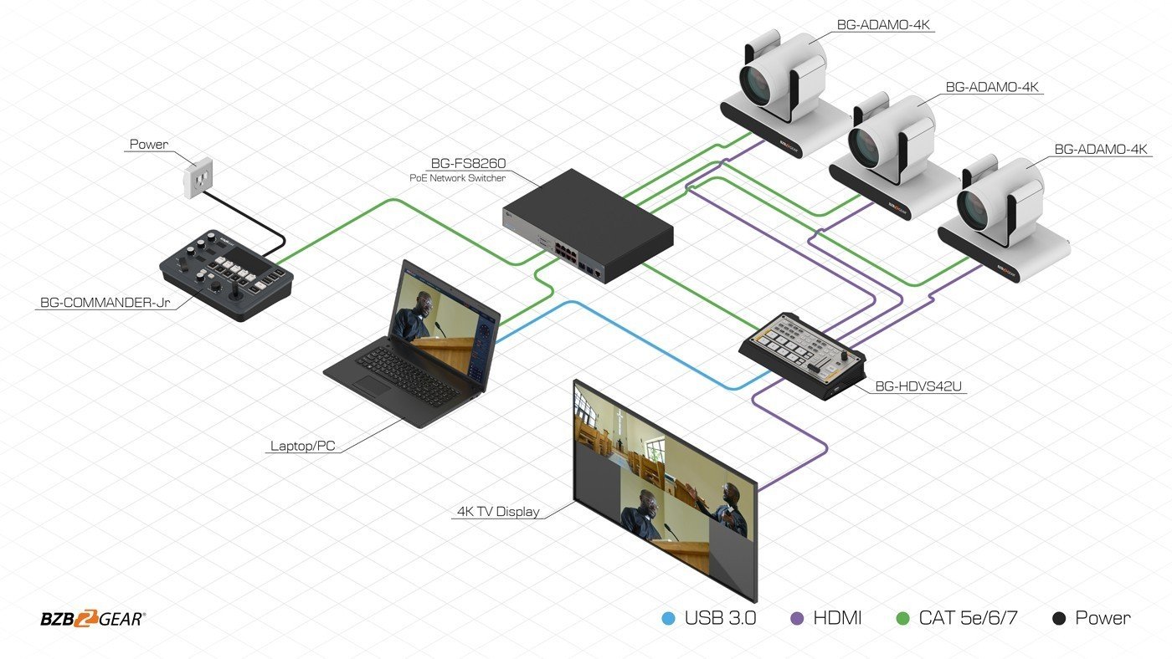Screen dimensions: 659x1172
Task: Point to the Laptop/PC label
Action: pos(302,446)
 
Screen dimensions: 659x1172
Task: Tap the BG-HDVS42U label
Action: pos(916,387)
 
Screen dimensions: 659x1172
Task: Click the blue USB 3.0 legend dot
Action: pos(667,619)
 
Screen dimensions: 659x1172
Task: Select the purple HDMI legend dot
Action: pos(797,619)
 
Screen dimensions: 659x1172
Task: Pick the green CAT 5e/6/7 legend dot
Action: pos(902,619)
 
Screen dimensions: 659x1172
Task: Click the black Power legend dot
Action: pos(1059,619)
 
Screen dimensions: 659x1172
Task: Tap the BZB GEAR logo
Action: pos(93,619)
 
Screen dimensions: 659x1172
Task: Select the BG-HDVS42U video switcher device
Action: pos(802,352)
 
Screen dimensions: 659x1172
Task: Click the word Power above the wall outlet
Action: pos(148,144)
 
